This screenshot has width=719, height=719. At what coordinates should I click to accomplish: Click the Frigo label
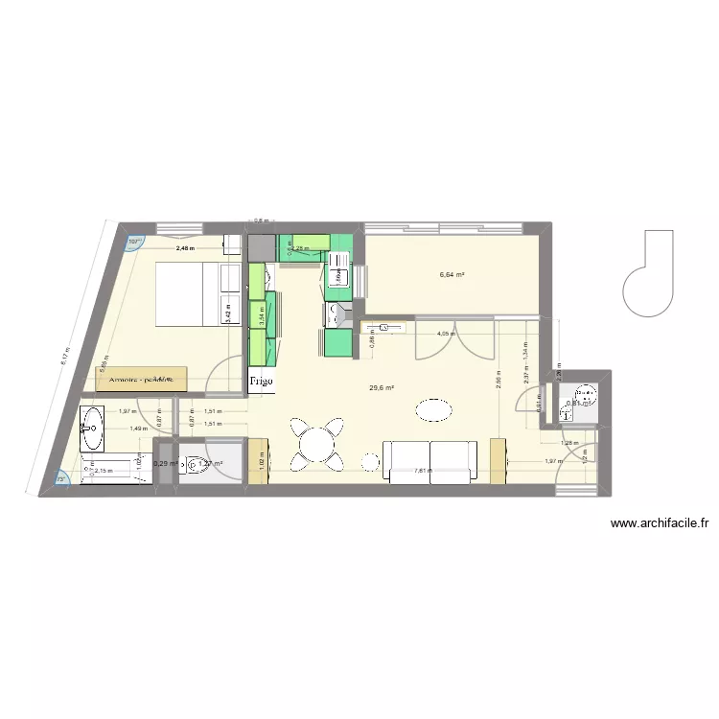(261, 382)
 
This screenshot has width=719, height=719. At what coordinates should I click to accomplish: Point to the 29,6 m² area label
(382, 388)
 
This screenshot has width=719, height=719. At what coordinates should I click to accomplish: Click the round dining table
(317, 443)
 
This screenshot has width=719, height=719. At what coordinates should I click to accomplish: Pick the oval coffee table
(433, 410)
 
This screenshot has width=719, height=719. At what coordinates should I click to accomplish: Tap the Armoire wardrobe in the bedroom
(142, 380)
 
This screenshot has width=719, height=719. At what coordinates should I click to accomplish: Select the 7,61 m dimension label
(422, 471)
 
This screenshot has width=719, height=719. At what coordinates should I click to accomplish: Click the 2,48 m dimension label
(183, 249)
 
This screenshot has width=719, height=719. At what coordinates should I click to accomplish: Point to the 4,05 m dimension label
(445, 335)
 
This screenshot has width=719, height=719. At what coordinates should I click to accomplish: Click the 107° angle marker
(133, 242)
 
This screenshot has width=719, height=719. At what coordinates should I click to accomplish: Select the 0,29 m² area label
(166, 464)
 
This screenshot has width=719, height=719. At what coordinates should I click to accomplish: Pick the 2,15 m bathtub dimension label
(104, 471)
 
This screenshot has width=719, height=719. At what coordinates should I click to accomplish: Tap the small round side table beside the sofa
(369, 463)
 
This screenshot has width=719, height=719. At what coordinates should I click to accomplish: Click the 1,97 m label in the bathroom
(127, 411)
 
